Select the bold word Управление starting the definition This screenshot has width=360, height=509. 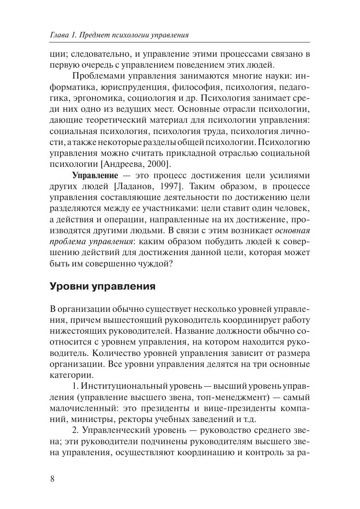tap(92, 175)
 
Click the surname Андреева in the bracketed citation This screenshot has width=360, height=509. tap(121, 163)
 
